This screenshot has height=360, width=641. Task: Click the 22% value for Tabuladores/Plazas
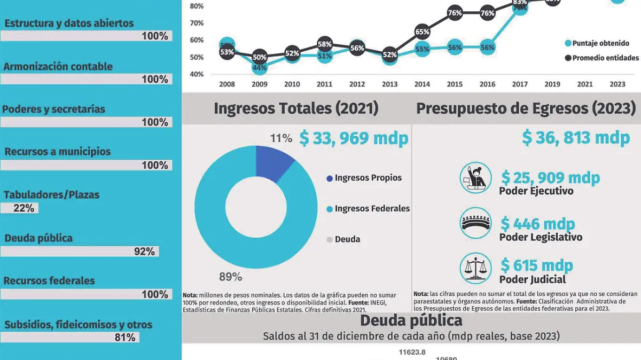tap(24, 208)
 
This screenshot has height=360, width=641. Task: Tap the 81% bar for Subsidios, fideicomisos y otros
tap(69, 338)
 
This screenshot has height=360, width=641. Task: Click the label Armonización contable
tap(58, 67)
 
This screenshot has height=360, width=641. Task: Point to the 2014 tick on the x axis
tap(422, 84)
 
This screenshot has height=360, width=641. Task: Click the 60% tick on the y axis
tap(197, 40)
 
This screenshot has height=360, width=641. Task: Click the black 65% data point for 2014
tap(422, 32)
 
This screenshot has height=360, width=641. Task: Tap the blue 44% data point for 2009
tap(260, 67)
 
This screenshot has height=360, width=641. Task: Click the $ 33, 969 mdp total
tap(354, 138)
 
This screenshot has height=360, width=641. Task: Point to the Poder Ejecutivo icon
tap(475, 178)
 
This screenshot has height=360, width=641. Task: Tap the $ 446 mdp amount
tap(537, 223)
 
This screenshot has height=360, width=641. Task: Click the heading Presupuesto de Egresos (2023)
tap(526, 108)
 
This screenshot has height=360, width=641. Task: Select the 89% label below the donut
tap(230, 277)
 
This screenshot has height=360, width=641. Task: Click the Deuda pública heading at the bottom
tap(411, 320)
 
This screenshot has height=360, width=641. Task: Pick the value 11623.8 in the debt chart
tap(412, 352)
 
